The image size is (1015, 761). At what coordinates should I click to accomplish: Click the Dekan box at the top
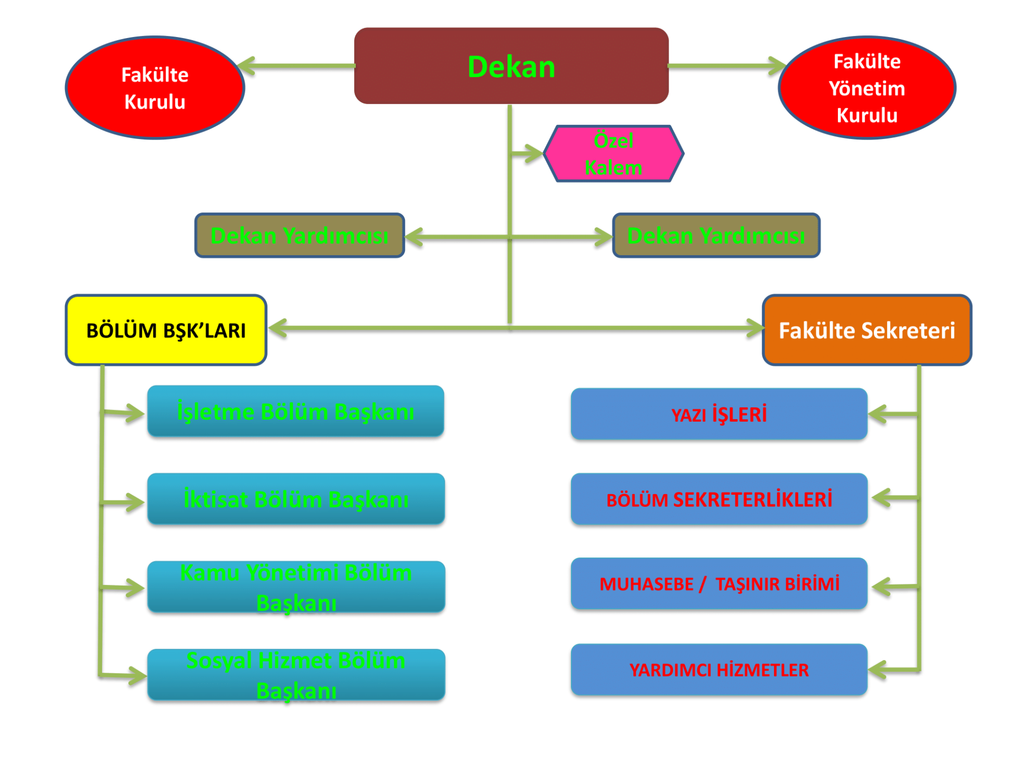click(511, 66)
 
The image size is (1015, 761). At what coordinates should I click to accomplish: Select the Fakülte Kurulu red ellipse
click(155, 88)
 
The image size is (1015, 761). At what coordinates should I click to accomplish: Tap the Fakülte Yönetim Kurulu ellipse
click(867, 88)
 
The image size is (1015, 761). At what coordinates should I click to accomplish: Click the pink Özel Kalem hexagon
click(613, 154)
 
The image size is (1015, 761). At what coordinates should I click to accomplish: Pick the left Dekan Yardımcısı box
click(299, 236)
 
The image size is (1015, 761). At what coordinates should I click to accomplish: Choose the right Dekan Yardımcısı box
click(716, 236)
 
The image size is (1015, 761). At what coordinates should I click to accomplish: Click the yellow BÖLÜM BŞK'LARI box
click(166, 330)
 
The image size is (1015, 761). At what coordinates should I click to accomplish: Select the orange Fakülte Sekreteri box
click(867, 330)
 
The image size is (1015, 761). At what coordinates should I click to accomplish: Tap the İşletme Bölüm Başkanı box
click(296, 412)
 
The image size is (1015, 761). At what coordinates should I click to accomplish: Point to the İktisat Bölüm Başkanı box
click(296, 500)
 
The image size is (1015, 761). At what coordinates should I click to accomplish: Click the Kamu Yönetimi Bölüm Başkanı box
click(296, 588)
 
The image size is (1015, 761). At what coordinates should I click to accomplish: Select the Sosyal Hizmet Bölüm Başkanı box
click(296, 675)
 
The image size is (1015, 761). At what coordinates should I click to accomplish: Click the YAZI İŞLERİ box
click(719, 415)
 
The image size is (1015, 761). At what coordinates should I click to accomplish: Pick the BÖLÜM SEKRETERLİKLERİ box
click(719, 499)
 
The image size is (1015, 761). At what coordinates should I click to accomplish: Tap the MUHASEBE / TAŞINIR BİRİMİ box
click(719, 584)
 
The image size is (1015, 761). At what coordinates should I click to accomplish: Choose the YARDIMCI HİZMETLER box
click(719, 670)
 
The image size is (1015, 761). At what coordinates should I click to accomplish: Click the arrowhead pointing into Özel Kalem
click(532, 154)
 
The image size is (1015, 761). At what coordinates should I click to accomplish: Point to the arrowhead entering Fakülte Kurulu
click(248, 67)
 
